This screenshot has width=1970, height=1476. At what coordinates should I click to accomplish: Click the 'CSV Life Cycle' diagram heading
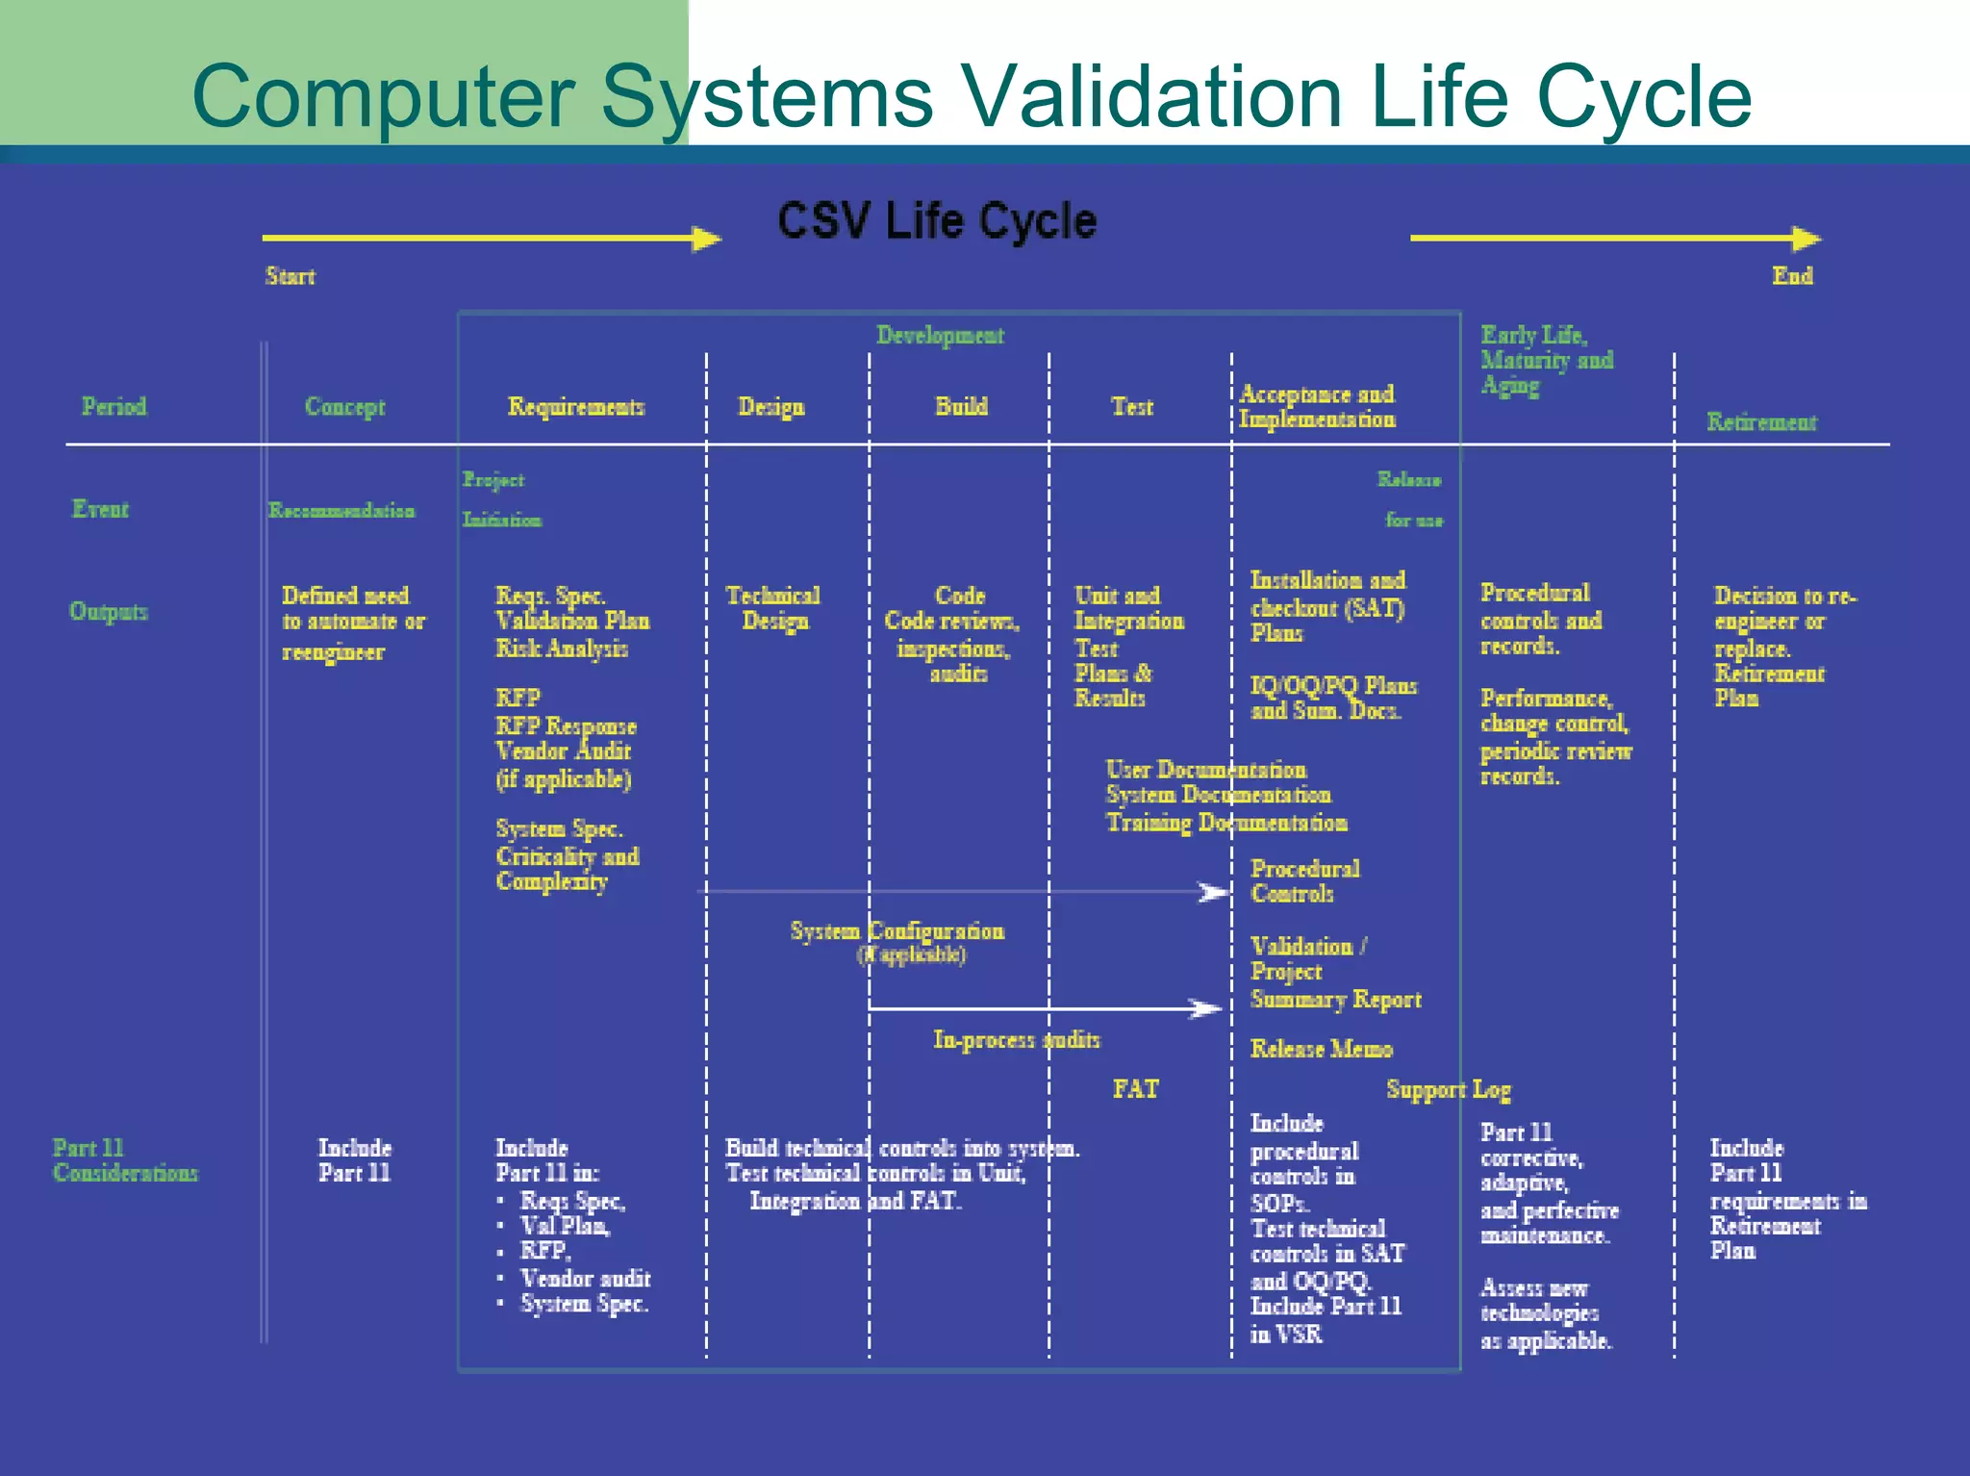click(936, 221)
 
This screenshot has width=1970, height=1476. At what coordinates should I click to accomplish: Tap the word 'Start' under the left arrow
click(290, 276)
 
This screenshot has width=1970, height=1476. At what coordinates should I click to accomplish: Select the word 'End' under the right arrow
click(1792, 275)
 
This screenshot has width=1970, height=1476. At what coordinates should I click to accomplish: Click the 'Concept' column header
click(344, 407)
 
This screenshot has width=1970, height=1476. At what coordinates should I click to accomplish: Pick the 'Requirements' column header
click(575, 407)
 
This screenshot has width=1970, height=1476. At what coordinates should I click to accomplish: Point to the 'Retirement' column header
click(1761, 422)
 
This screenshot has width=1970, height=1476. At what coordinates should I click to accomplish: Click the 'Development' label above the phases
click(940, 335)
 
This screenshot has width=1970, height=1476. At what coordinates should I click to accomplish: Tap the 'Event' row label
click(100, 509)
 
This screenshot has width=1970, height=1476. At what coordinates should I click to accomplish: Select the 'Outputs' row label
click(108, 611)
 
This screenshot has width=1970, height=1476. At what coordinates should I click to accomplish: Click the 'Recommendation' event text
click(341, 511)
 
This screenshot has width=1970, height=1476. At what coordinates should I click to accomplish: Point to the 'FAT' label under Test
click(1135, 1089)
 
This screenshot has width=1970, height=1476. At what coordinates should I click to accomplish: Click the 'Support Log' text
click(1448, 1089)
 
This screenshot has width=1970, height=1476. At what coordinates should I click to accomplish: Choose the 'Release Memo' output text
click(1321, 1049)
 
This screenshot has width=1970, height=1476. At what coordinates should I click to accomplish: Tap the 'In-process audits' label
click(1016, 1039)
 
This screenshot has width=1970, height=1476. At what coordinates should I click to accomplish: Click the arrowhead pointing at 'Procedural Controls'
click(1214, 892)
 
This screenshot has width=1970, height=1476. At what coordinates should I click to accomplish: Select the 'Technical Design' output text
click(772, 608)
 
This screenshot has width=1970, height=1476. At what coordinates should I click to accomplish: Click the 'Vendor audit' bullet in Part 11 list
click(585, 1279)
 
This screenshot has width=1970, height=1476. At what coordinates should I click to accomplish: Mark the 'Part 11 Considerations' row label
click(124, 1160)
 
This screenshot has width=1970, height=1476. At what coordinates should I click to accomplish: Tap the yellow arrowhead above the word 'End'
click(1806, 238)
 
